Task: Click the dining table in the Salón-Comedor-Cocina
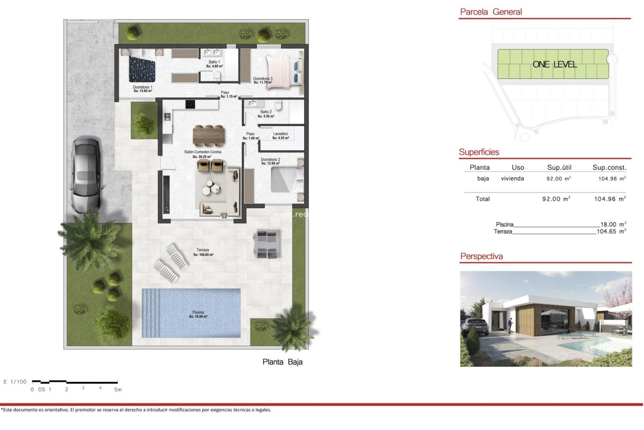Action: click(209, 136)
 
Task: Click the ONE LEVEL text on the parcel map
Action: click(554, 64)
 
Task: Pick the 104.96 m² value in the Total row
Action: click(609, 199)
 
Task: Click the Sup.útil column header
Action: click(559, 167)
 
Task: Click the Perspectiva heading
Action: click(481, 256)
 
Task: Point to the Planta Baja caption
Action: click(282, 362)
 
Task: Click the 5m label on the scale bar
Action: click(118, 390)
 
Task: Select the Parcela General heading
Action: click(491, 12)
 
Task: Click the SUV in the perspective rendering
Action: click(475, 327)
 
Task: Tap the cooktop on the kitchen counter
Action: click(190, 104)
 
